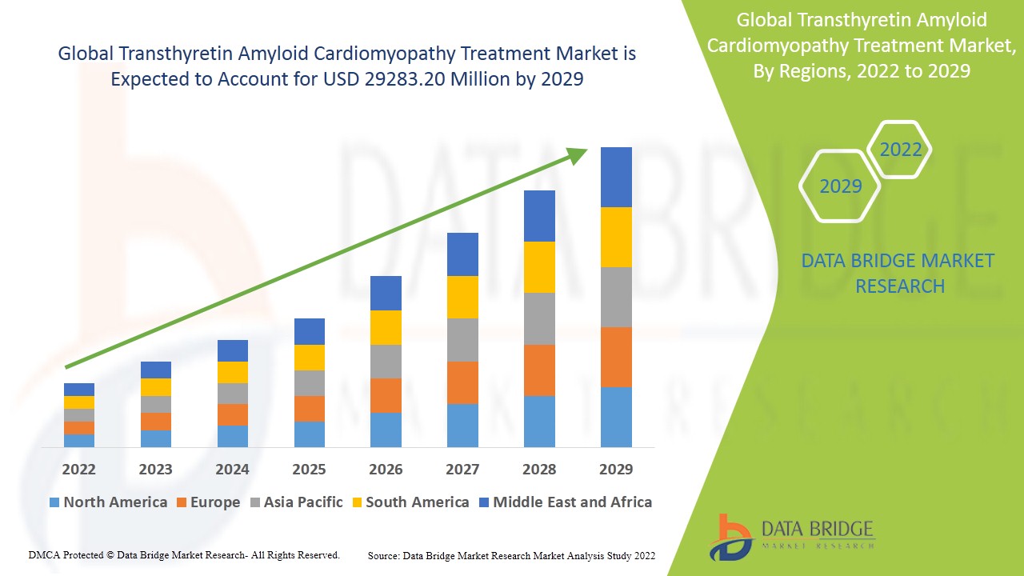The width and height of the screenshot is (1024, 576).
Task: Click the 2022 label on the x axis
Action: click(78, 469)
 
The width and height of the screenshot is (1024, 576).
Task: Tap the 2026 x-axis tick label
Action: click(386, 469)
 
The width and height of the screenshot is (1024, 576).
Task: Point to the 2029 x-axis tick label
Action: click(616, 469)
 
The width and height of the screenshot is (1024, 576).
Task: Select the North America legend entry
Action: click(108, 502)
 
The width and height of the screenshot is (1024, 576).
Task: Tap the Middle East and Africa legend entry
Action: click(565, 502)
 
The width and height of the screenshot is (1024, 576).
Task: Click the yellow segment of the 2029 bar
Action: click(616, 237)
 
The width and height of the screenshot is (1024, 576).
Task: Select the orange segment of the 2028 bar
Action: click(539, 370)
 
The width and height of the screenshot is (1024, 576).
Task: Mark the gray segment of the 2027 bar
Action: click(462, 340)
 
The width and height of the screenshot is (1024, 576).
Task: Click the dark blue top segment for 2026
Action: click(386, 293)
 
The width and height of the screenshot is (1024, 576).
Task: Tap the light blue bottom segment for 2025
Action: click(310, 434)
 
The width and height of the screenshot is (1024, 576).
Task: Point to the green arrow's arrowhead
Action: click(578, 155)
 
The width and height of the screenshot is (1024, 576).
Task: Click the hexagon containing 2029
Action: click(840, 186)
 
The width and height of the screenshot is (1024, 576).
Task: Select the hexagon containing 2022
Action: click(900, 150)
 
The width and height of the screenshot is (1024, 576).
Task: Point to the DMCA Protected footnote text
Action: click(184, 554)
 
